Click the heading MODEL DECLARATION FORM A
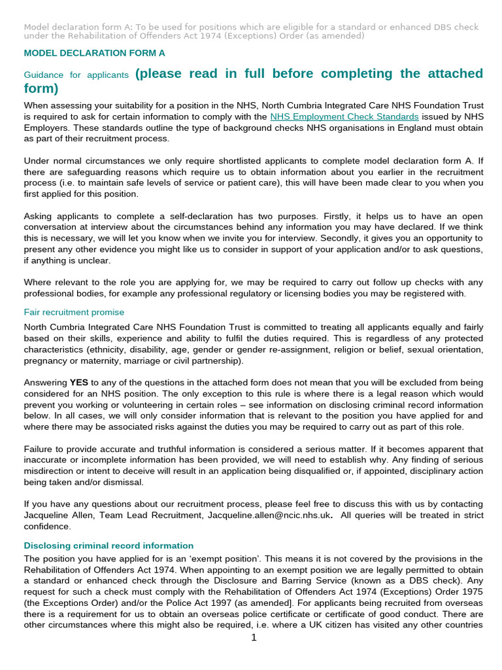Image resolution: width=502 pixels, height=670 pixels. tap(94, 52)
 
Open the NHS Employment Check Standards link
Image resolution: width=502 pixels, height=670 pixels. tap(344, 116)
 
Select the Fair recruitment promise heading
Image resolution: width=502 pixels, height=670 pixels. tap(74, 312)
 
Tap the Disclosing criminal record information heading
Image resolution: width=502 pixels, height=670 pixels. tap(109, 545)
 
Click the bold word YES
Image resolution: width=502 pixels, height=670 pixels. tap(79, 382)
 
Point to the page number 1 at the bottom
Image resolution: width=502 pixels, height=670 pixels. tap(254, 637)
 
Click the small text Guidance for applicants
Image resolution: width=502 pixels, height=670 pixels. tap(76, 75)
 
